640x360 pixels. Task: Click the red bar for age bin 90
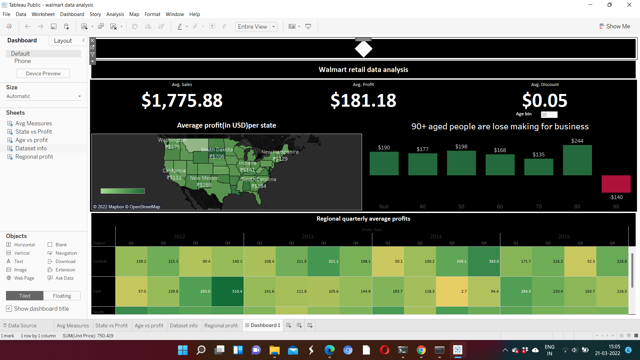[616, 184]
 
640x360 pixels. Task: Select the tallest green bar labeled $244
[577, 160]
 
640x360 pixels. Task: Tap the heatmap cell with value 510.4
[227, 291]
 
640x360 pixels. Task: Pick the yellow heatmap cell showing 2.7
[452, 291]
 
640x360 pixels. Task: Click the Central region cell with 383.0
[484, 261]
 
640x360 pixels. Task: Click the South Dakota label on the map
[217, 150]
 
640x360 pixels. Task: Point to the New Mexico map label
[204, 178]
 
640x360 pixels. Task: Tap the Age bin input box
[549, 115]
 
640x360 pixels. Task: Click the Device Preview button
[43, 74]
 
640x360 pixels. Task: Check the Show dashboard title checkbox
[9, 309]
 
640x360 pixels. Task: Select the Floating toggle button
[62, 296]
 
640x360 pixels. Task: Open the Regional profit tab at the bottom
[221, 325]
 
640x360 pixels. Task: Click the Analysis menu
[115, 14]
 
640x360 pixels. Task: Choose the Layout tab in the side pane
[63, 41]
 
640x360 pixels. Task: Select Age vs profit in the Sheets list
[31, 140]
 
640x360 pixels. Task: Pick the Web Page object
[24, 278]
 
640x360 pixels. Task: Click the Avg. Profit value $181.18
[363, 100]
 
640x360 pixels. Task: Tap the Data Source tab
[22, 325]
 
